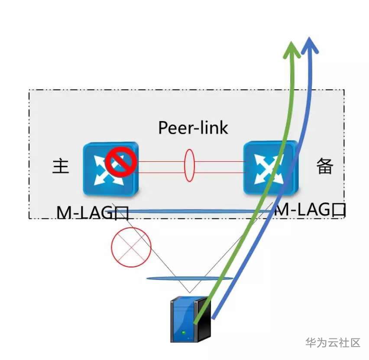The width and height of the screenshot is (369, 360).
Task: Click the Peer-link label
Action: click(x=193, y=128)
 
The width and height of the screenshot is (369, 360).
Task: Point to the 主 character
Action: click(x=61, y=166)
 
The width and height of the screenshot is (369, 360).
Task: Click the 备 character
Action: click(x=324, y=166)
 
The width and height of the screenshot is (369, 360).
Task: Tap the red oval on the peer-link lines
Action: click(x=189, y=165)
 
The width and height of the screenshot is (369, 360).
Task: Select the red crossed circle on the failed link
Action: click(x=131, y=247)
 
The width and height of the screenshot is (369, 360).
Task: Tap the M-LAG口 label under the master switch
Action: click(x=93, y=212)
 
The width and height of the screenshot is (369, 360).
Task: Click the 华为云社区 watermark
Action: click(x=333, y=343)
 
